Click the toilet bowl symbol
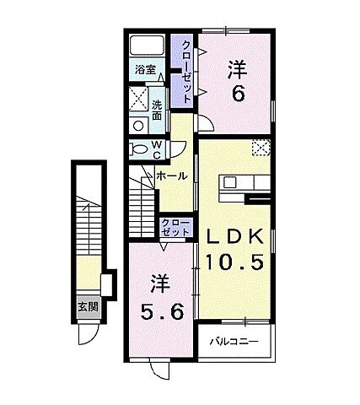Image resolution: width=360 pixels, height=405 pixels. click(x=139, y=148)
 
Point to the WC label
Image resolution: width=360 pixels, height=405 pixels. click(x=157, y=148)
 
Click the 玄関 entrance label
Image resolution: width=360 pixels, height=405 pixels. click(x=87, y=306)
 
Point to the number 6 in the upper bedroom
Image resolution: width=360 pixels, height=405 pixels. click(x=239, y=94)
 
